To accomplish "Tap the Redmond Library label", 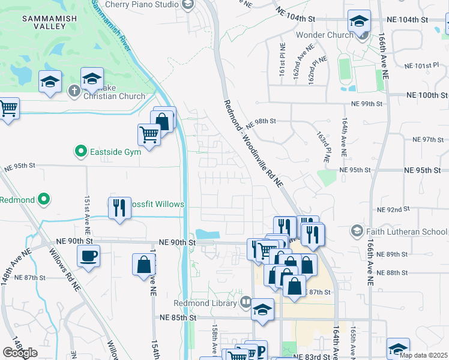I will [205, 303].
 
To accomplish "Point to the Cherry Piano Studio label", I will [142, 4].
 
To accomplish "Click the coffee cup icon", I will [88, 257].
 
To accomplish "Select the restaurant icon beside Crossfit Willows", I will [119, 208].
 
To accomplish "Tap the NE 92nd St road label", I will [393, 209].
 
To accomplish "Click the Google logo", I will [20, 353].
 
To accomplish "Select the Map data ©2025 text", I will [423, 355].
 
